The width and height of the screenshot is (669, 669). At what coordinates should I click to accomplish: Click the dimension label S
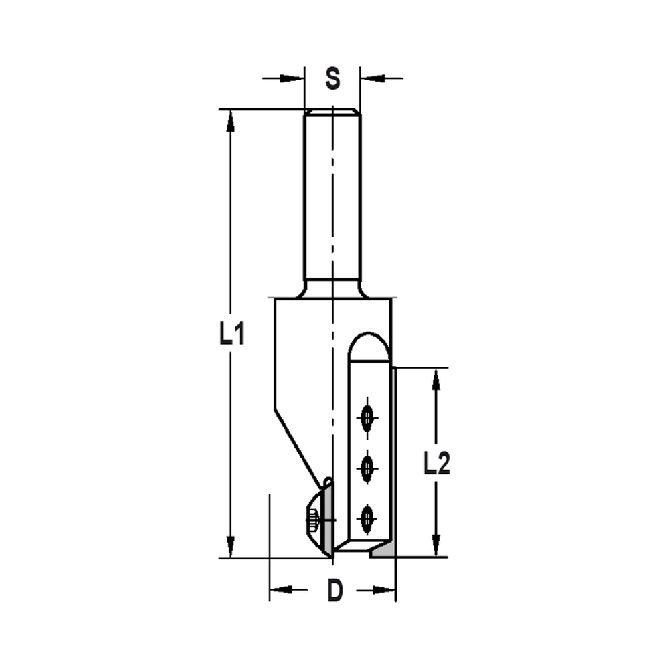click(x=332, y=79)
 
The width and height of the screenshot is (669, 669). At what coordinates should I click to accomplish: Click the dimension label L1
click(x=231, y=334)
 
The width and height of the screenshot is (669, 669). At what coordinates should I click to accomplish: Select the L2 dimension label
click(x=436, y=462)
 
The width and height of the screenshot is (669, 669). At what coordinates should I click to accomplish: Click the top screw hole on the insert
click(x=367, y=419)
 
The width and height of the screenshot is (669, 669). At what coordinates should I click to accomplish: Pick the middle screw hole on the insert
click(x=367, y=468)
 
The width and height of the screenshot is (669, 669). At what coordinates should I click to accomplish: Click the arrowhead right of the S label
click(x=373, y=79)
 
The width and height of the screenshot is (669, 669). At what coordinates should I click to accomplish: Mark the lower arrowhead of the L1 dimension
click(x=231, y=545)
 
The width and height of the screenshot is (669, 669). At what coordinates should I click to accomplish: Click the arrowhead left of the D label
click(x=282, y=590)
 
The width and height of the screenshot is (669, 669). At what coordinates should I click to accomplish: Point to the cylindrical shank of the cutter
click(x=332, y=201)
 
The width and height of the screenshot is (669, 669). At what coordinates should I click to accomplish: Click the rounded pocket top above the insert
click(x=367, y=345)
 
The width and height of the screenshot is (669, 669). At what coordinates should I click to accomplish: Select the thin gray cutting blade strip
click(x=394, y=455)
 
